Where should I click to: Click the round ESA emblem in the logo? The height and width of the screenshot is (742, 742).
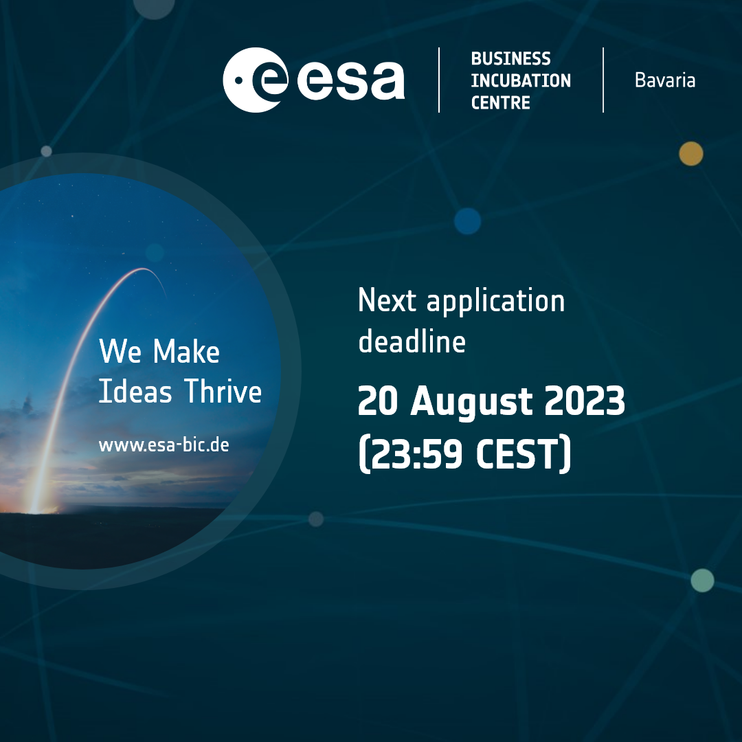[x=256, y=80]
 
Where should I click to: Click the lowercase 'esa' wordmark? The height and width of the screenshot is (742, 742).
[x=350, y=80]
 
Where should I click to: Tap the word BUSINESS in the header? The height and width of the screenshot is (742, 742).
[x=510, y=58]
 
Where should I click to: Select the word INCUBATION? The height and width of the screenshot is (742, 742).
[x=521, y=80]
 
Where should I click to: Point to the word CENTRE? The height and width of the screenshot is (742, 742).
[x=500, y=102]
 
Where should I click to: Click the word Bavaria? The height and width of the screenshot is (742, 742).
[x=665, y=80]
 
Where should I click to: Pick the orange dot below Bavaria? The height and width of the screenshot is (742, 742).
[x=691, y=154]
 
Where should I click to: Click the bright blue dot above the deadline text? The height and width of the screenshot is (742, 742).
[x=468, y=221]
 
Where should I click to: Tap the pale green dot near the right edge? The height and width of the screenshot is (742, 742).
[x=702, y=580]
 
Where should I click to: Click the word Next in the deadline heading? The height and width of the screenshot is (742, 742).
[x=387, y=300]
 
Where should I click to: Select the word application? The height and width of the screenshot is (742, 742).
[x=495, y=302]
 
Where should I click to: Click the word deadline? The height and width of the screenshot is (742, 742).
[x=412, y=341]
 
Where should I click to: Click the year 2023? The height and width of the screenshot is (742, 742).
[x=585, y=401]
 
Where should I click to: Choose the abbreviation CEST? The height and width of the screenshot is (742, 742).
[x=518, y=453]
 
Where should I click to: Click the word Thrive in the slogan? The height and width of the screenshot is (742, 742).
[x=223, y=391]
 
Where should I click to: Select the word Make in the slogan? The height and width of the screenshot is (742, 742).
[x=186, y=351]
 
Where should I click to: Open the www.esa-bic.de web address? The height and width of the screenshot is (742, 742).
[x=164, y=445]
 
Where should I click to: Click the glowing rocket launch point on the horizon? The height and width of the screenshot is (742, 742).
[x=36, y=508]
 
